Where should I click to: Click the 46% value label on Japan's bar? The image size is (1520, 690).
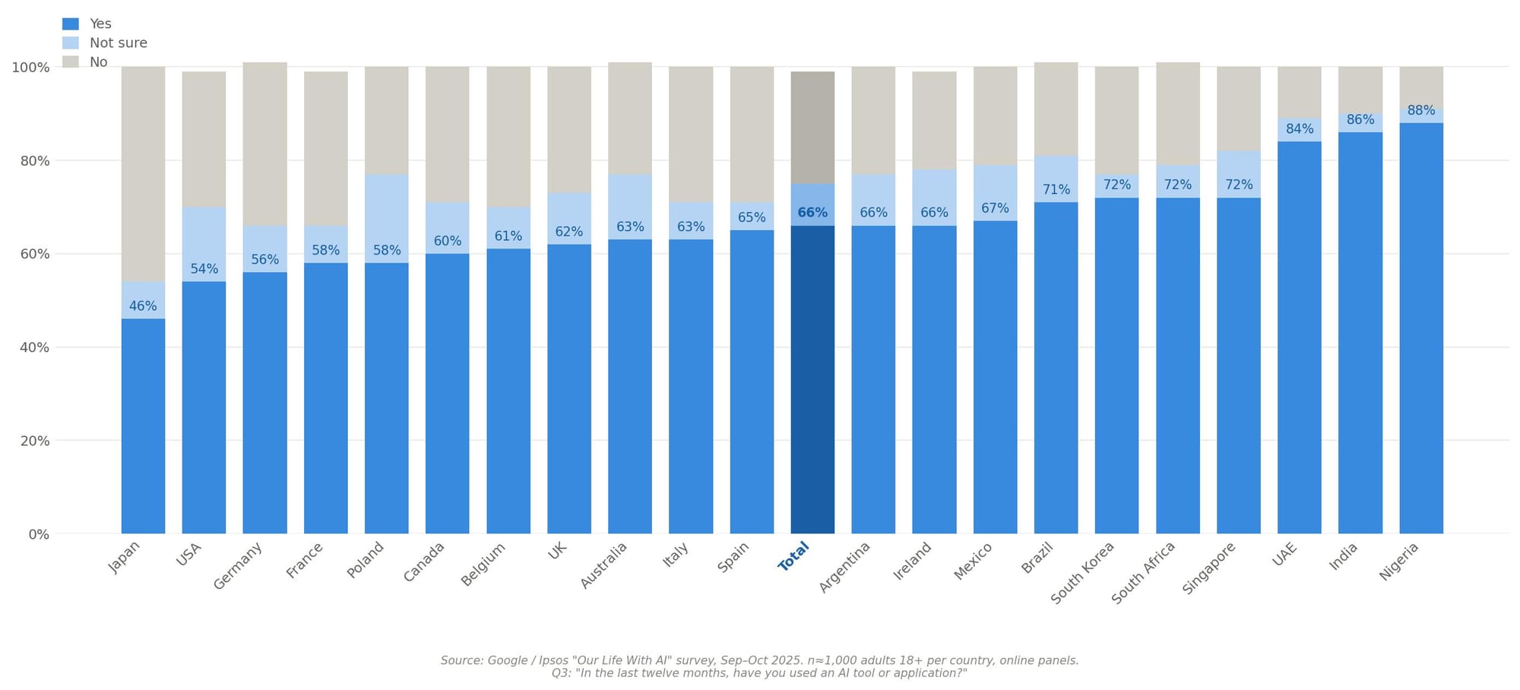pyautogui.click(x=143, y=306)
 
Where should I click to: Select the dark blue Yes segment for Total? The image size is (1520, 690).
pyautogui.click(x=812, y=380)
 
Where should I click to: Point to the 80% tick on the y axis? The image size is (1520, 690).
pyautogui.click(x=30, y=161)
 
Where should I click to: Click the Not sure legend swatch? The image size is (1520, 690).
pyautogui.click(x=70, y=43)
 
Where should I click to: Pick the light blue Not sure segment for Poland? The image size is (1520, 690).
pyautogui.click(x=387, y=213)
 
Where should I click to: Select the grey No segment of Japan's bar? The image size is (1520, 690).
pyautogui.click(x=143, y=175)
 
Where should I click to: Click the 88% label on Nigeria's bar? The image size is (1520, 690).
pyautogui.click(x=1421, y=111)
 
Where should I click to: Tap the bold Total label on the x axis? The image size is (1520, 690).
pyautogui.click(x=793, y=556)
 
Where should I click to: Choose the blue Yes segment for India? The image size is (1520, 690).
pyautogui.click(x=1360, y=334)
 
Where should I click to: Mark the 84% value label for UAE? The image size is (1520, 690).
pyautogui.click(x=1300, y=129)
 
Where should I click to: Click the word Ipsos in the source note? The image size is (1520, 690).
pyautogui.click(x=556, y=661)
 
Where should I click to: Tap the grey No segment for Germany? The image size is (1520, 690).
pyautogui.click(x=264, y=144)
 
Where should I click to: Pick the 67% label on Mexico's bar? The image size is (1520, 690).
pyautogui.click(x=995, y=208)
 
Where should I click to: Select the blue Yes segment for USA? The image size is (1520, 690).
pyautogui.click(x=204, y=410)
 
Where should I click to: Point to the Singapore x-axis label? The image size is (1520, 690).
pyautogui.click(x=1209, y=568)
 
